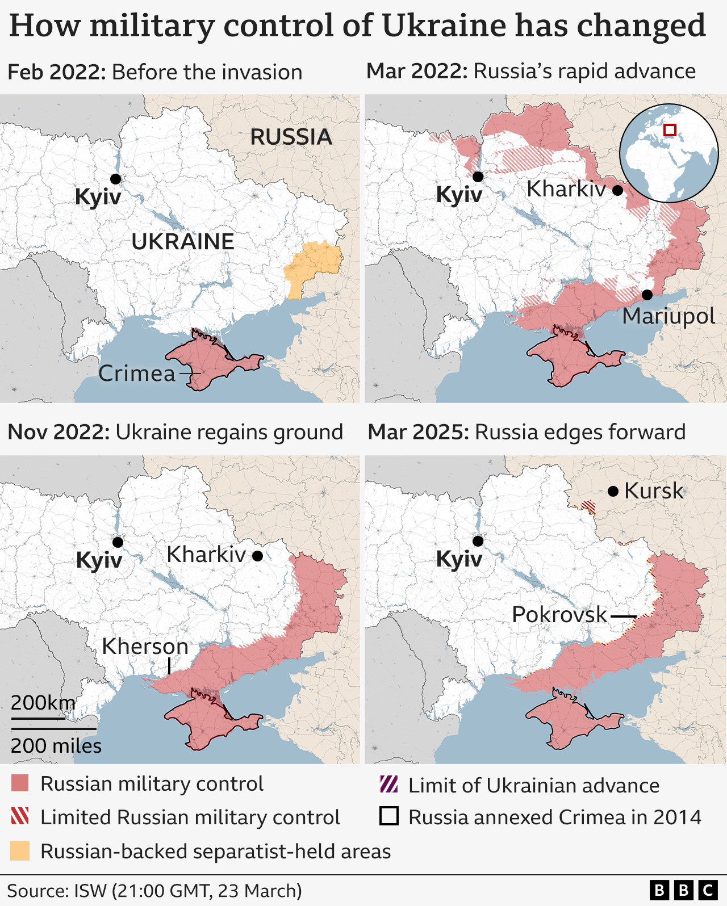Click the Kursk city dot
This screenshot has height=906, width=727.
613,491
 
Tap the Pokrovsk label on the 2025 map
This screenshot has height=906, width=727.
559,615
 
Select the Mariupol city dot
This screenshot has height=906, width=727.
647,295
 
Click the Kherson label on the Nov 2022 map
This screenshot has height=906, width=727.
145,647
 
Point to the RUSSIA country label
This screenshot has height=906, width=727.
291,137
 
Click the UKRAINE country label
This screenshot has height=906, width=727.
182,242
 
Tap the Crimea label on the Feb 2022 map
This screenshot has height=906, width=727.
137,374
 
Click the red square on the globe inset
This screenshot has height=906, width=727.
670,130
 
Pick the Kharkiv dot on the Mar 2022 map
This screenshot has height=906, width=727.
617,190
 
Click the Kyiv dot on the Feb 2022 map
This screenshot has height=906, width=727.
115,179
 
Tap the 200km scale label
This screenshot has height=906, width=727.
43,703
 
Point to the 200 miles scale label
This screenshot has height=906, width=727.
56,746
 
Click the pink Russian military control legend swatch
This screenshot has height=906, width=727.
20,784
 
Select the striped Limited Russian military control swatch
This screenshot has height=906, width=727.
20,817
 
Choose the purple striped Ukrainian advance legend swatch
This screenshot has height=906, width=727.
388,785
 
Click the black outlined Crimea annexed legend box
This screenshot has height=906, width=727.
388,816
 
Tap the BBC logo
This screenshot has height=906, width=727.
683,890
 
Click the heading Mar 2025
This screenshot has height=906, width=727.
418,433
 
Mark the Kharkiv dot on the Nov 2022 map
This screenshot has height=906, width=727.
257,556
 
